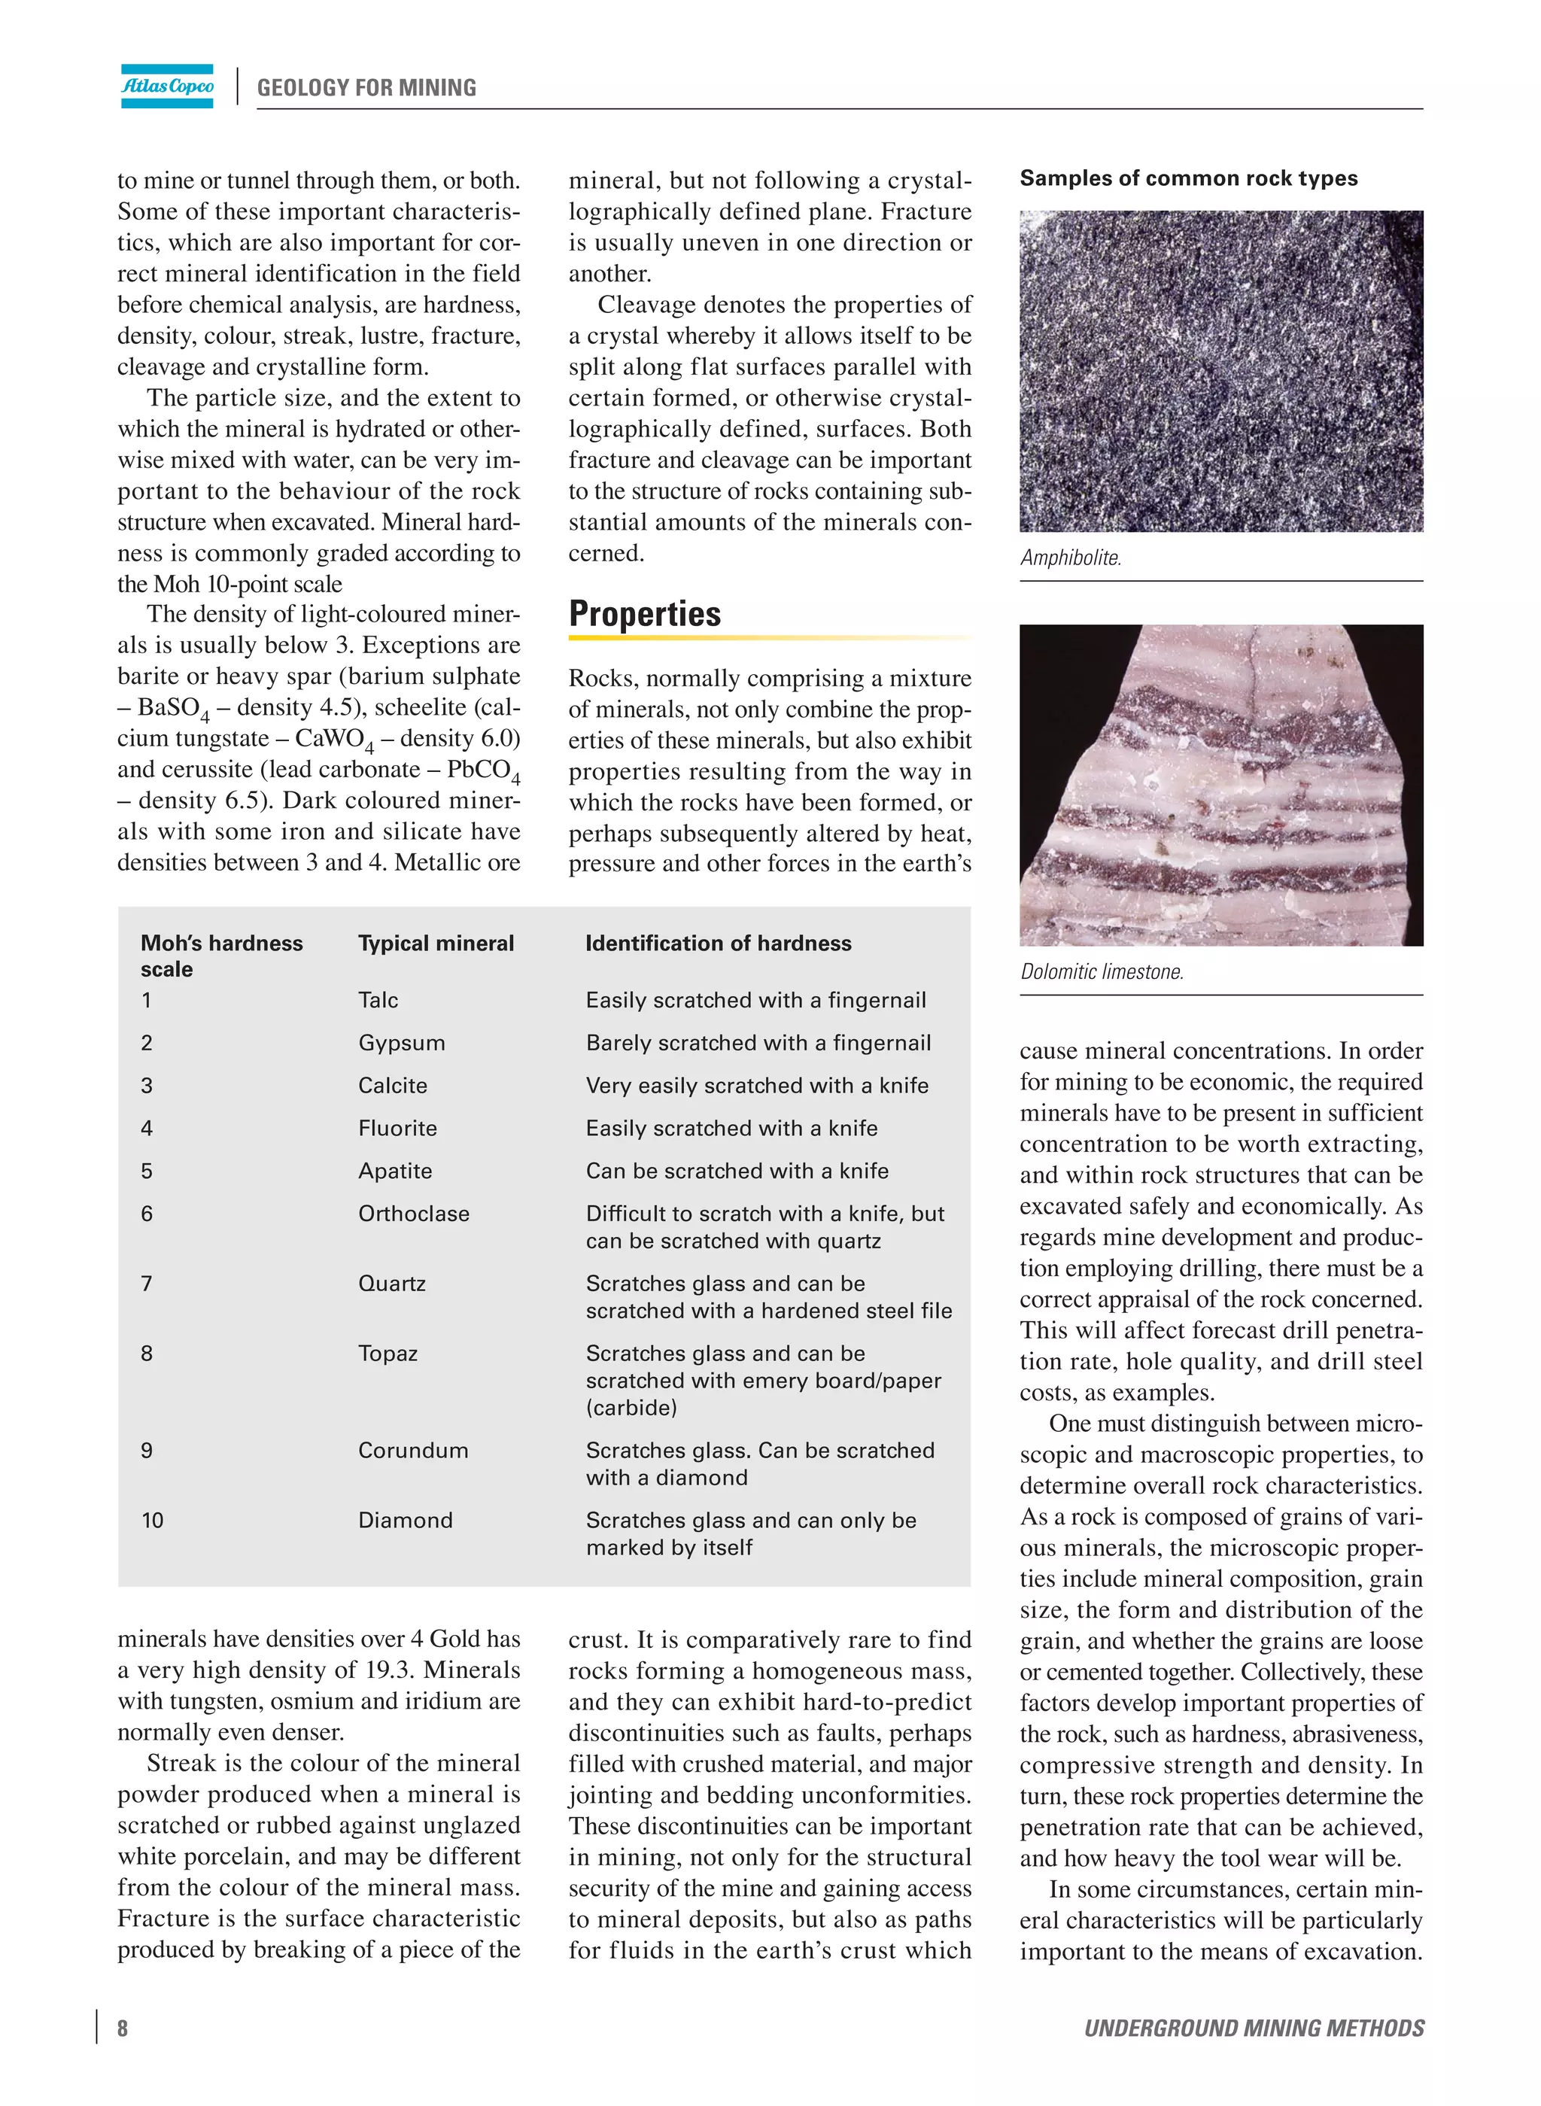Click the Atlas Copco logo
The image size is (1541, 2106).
[167, 86]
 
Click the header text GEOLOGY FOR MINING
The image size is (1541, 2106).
[366, 88]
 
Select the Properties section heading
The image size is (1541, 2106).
[645, 614]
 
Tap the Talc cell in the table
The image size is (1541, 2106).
[378, 1000]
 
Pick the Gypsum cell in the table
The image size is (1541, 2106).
[401, 1043]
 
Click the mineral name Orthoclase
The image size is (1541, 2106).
[413, 1214]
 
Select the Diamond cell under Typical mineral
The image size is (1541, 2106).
[405, 1521]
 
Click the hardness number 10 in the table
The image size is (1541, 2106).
[152, 1521]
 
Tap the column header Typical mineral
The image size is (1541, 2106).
[436, 943]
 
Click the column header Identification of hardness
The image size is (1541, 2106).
[719, 943]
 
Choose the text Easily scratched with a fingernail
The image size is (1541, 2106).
[755, 1000]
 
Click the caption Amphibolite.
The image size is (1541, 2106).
[1070, 558]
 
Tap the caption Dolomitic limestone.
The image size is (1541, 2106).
[1102, 972]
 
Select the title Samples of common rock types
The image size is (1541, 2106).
[1188, 178]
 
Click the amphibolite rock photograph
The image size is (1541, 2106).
[1221, 371]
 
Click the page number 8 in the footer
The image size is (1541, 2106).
[122, 2028]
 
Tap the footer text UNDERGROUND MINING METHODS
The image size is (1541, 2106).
[1254, 2028]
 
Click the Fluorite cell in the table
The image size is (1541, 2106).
[397, 1129]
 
